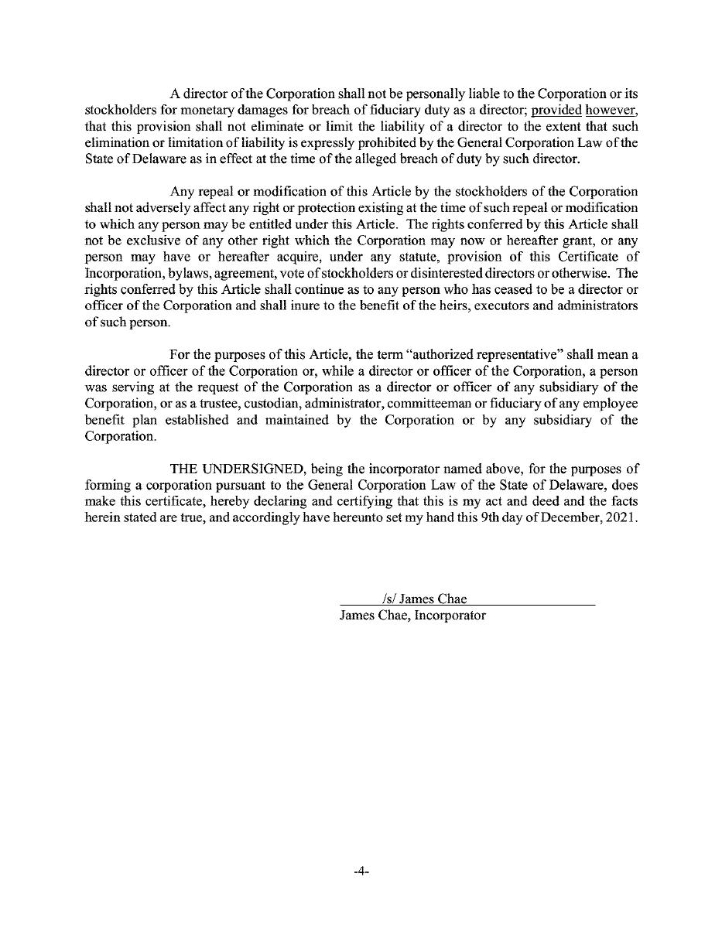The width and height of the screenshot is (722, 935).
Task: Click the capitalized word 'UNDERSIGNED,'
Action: (x=252, y=469)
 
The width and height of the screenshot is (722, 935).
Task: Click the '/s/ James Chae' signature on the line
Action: (x=423, y=599)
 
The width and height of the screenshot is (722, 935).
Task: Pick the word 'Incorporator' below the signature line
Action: (x=449, y=616)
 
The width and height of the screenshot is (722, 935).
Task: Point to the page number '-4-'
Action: (x=361, y=871)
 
